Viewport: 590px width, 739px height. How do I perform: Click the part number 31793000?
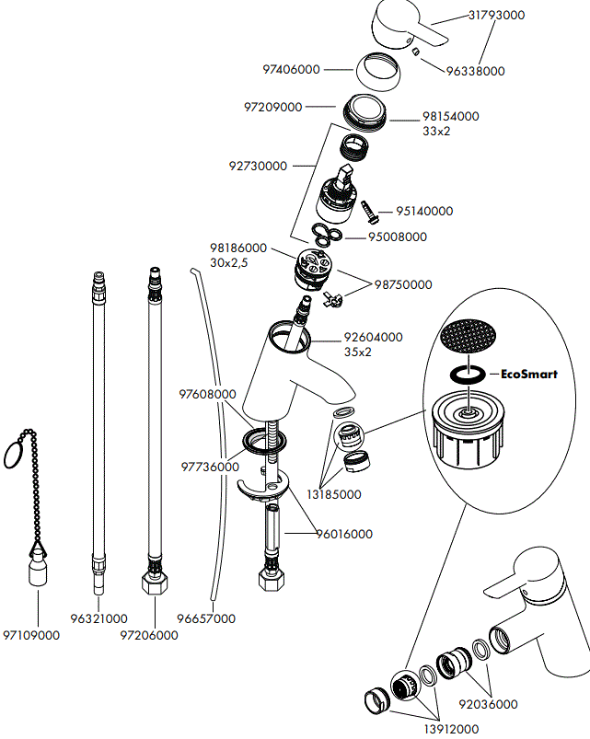pos(497,16)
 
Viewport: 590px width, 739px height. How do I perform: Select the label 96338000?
pos(475,71)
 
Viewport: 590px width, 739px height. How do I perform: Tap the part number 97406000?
pos(291,70)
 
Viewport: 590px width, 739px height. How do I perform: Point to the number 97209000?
pos(272,108)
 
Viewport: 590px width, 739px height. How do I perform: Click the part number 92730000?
pos(258,167)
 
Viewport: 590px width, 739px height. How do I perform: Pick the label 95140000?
pos(424,211)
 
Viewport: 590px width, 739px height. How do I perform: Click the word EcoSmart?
pos(523,375)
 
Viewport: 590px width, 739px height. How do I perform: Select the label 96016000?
pos(344,534)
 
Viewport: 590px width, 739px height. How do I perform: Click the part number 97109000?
pos(31,635)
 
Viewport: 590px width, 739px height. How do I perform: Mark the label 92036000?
pos(488,707)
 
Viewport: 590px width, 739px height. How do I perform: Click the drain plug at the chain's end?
pos(37,568)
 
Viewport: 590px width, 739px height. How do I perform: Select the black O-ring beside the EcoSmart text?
pos(467,375)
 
